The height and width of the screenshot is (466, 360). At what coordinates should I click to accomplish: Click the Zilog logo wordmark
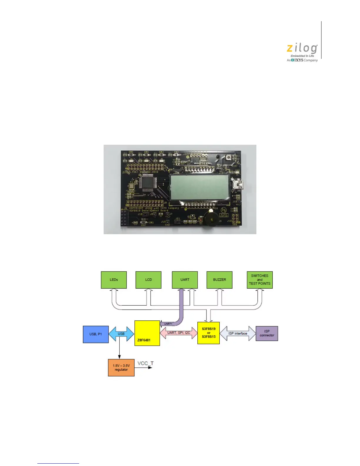click(x=302, y=49)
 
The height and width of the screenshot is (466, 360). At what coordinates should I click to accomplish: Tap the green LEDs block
click(x=114, y=280)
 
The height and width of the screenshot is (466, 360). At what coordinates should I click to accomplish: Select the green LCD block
click(x=148, y=280)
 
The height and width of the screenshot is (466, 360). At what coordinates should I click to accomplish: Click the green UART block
click(x=185, y=280)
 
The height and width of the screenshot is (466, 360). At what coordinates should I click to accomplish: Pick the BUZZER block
click(x=219, y=280)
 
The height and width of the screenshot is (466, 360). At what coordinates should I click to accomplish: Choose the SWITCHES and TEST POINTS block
click(x=260, y=280)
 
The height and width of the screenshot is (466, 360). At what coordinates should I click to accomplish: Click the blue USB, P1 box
click(x=96, y=334)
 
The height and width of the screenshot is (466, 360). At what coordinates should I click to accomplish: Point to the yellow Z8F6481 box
click(x=147, y=333)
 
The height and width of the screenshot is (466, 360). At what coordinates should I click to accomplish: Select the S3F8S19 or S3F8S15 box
click(x=209, y=333)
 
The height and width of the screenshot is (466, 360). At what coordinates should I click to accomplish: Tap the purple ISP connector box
click(x=267, y=333)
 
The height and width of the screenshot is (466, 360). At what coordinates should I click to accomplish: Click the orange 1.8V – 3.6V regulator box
click(x=121, y=368)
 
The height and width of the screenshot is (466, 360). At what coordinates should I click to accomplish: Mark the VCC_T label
click(x=146, y=363)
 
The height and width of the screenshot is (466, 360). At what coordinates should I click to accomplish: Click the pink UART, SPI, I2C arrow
click(x=179, y=333)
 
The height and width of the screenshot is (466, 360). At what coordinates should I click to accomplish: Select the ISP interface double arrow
click(x=238, y=333)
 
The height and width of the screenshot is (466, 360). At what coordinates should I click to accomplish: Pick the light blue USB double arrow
click(x=121, y=334)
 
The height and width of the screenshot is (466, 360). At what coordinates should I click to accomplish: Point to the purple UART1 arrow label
click(x=168, y=324)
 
